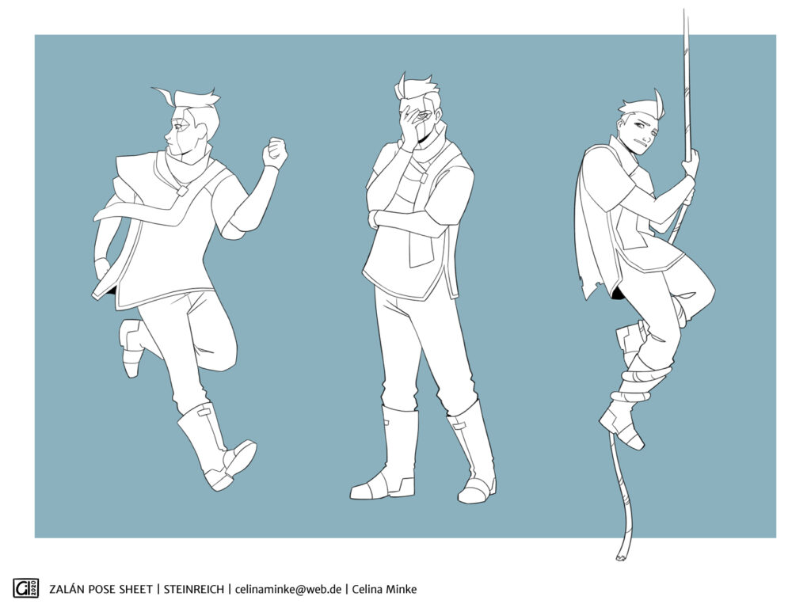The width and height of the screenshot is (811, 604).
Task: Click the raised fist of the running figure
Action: (275, 153)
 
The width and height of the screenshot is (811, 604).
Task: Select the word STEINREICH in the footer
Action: (194, 589)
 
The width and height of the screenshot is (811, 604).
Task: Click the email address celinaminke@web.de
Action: (288, 589)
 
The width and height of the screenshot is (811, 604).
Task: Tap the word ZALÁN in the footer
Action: (66, 589)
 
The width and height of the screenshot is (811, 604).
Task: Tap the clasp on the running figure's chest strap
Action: (181, 191)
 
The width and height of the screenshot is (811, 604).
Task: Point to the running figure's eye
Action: (179, 126)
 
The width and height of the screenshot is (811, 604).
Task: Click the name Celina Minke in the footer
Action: (384, 589)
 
